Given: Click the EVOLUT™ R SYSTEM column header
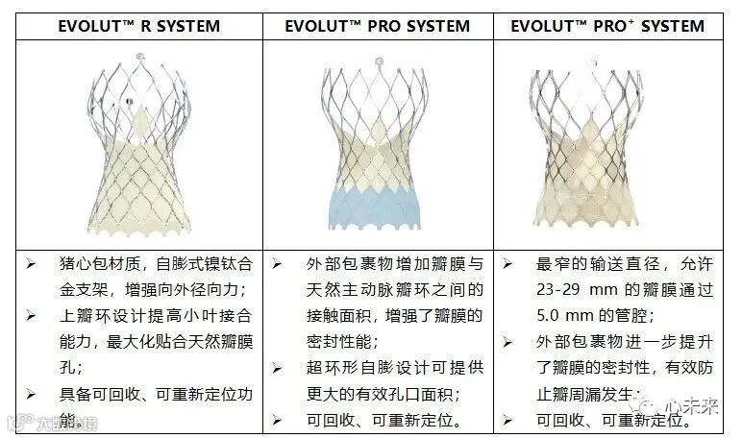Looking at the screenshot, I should [138, 27].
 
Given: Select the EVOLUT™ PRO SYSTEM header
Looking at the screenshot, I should [378, 27].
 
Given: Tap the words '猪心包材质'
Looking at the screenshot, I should [88, 262].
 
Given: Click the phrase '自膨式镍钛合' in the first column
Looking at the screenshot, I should [195, 262].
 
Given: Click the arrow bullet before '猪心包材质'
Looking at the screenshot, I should [32, 262].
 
